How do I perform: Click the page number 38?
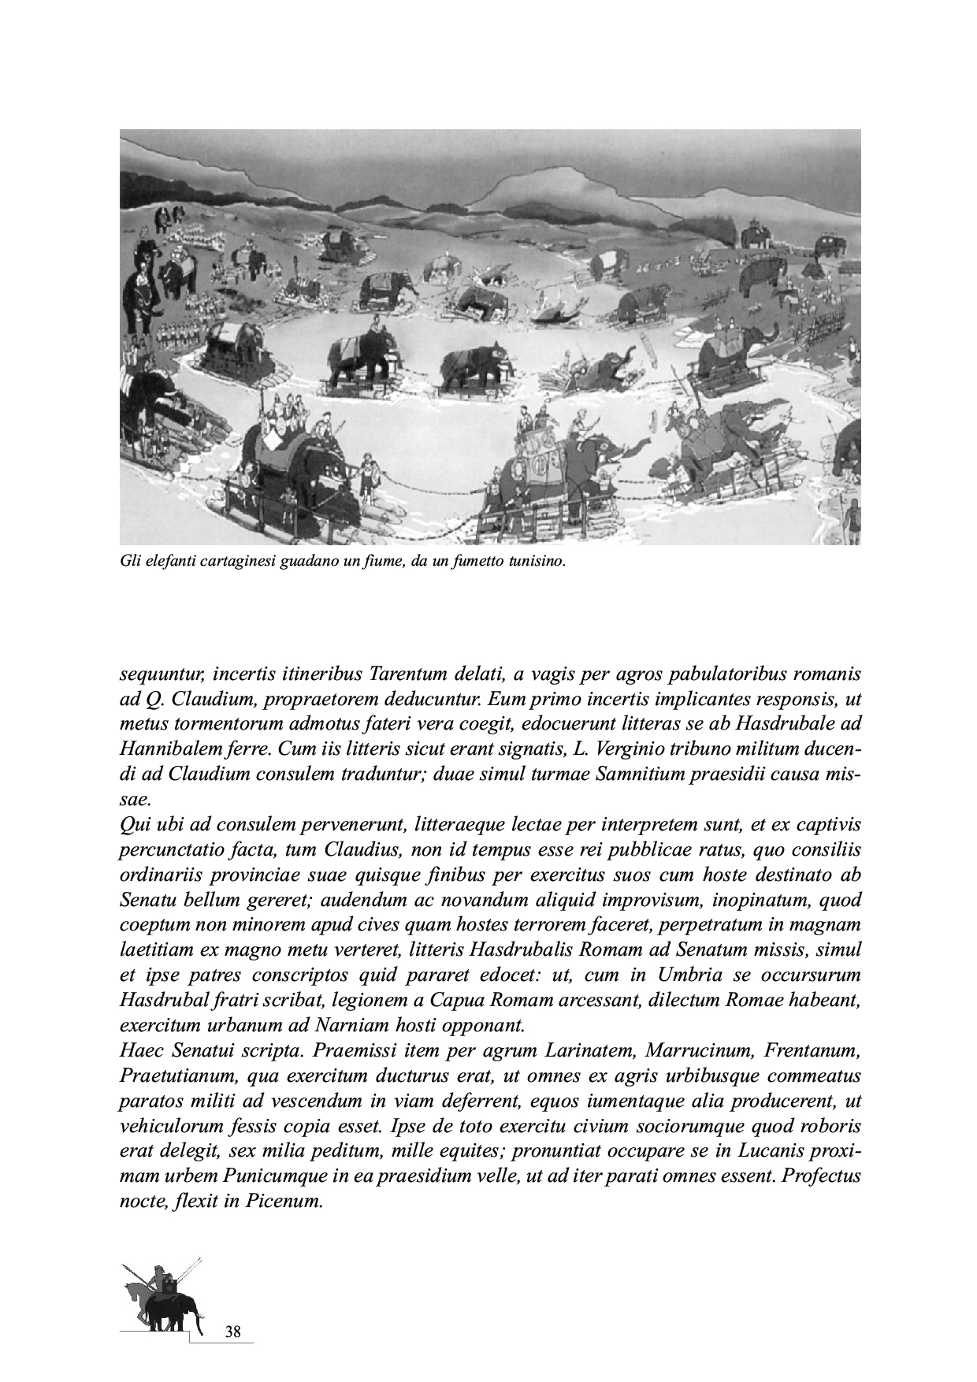point(232,1332)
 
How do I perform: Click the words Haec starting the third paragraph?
point(142,1051)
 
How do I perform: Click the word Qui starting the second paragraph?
point(132,825)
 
